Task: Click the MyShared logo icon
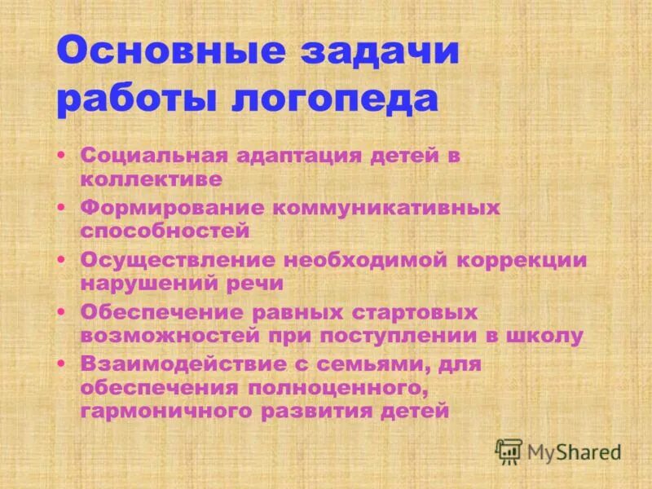pyautogui.click(x=509, y=451)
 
